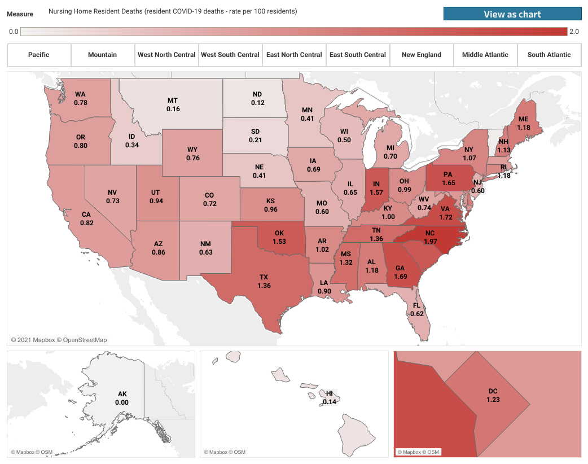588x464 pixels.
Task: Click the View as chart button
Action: (512, 14)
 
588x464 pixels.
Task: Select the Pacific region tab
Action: (39, 55)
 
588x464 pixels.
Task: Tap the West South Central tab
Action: (230, 55)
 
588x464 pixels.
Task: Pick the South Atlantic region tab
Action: (549, 55)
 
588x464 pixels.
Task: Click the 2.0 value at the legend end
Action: (574, 32)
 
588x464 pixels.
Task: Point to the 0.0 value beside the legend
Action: (14, 32)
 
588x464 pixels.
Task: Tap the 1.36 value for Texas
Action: (264, 286)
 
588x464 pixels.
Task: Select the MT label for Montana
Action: (173, 100)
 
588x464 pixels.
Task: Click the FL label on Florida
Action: (417, 305)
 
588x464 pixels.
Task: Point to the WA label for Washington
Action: (80, 95)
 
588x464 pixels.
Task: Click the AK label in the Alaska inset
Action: (122, 394)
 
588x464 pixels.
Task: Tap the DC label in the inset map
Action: (493, 391)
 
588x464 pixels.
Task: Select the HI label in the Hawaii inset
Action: (330, 393)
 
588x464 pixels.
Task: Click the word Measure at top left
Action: (20, 14)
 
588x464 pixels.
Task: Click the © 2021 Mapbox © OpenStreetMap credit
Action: (59, 340)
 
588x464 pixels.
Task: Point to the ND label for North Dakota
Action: (257, 94)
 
